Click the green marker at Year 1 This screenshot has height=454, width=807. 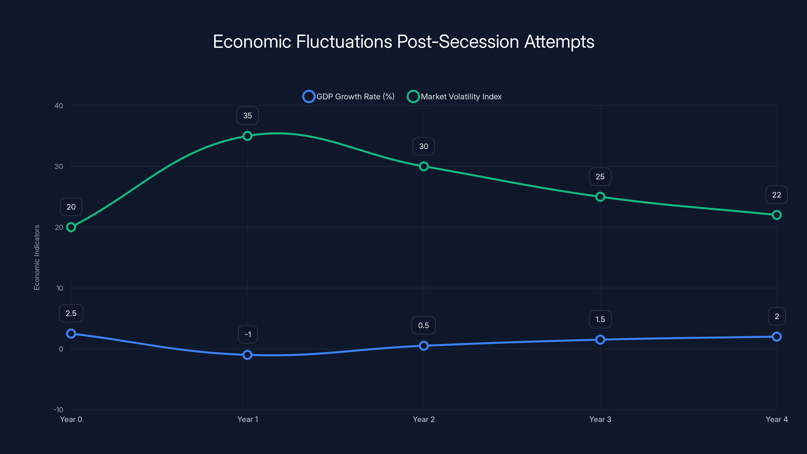click(x=247, y=136)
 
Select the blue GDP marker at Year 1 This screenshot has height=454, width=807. click(x=247, y=355)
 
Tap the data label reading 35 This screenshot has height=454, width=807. click(x=247, y=116)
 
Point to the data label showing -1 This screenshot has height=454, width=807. click(x=248, y=335)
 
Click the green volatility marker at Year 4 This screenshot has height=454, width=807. click(x=777, y=215)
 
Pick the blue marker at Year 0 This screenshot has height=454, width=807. click(x=71, y=334)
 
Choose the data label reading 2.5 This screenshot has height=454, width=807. click(x=71, y=313)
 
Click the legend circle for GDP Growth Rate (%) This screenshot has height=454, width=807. click(x=309, y=97)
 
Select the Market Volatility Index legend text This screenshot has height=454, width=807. click(x=461, y=97)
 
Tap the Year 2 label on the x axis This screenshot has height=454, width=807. click(x=424, y=419)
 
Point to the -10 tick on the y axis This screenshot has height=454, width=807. click(x=58, y=410)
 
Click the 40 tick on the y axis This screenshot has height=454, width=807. click(x=59, y=106)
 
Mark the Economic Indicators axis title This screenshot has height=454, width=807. click(x=37, y=258)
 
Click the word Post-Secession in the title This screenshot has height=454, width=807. click(x=458, y=42)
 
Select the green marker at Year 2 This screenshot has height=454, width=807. click(x=424, y=166)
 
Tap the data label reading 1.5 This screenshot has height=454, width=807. click(x=600, y=319)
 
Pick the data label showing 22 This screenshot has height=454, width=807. click(x=777, y=195)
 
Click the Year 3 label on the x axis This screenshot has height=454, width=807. click(x=600, y=419)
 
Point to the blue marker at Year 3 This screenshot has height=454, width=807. click(x=600, y=340)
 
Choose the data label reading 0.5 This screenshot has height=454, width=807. click(x=424, y=326)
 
